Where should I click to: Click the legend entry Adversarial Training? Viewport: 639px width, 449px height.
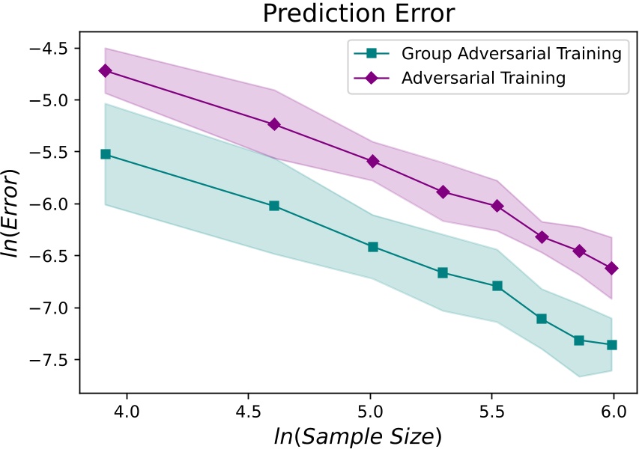(482, 77)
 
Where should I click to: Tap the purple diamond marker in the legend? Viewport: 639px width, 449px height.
(366, 78)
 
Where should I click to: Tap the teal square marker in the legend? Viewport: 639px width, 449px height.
(366, 54)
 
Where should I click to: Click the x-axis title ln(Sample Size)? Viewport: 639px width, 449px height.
(358, 433)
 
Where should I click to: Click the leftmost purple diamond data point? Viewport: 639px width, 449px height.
(105, 70)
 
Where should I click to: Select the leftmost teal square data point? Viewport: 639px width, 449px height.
(105, 154)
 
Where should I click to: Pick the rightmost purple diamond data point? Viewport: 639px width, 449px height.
(612, 268)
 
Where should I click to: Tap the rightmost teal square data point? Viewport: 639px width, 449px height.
(612, 345)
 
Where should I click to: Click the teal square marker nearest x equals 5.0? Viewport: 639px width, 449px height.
(373, 247)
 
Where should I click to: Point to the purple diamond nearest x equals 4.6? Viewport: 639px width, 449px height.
(274, 124)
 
